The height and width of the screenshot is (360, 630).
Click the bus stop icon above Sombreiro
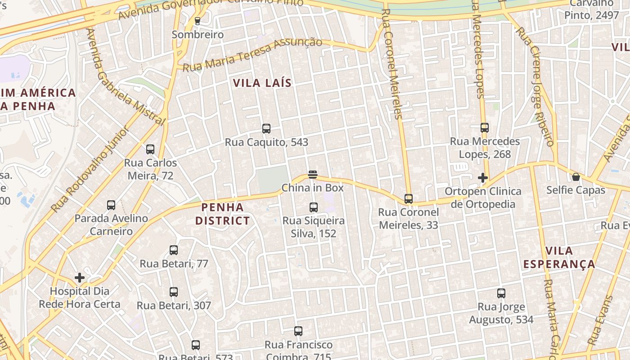click(x=197, y=21)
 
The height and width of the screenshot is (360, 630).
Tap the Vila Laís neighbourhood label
click(x=262, y=83)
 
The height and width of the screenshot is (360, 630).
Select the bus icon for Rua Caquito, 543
click(x=266, y=129)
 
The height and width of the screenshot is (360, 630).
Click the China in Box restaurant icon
click(x=313, y=175)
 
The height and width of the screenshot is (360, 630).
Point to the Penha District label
click(x=225, y=214)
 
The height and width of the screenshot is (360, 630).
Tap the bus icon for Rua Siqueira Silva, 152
click(x=314, y=207)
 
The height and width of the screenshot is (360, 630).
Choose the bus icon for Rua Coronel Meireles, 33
click(x=409, y=198)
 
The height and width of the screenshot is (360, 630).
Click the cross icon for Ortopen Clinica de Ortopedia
click(x=483, y=178)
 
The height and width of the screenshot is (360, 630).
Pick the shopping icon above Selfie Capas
click(x=576, y=177)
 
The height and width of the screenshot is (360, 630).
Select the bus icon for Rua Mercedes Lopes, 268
click(x=485, y=128)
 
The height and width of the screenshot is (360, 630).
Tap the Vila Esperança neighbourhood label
click(x=559, y=257)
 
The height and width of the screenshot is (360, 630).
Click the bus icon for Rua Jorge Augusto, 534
click(x=501, y=293)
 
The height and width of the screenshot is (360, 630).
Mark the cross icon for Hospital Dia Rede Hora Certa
click(x=80, y=278)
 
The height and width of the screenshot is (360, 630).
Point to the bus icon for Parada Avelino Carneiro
click(x=111, y=205)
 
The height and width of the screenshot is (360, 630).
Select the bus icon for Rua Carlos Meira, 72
click(x=150, y=149)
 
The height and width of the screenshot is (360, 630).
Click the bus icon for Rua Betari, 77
click(x=174, y=250)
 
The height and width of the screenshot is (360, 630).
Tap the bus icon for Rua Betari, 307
click(x=174, y=292)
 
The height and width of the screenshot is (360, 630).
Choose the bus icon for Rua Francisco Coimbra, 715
click(x=298, y=332)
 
